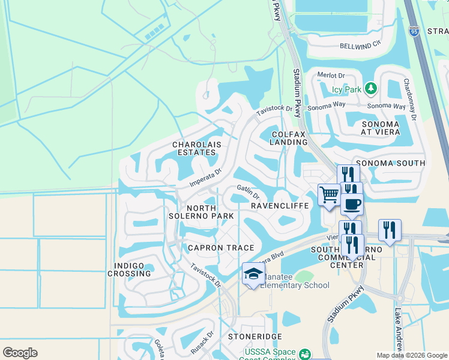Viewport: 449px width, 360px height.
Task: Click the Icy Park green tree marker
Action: [371, 89]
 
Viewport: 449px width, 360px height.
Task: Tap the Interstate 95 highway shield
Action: [414, 31]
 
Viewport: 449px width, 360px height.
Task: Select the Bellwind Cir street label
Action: [361, 45]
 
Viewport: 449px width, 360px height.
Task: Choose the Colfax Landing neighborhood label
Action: [289, 138]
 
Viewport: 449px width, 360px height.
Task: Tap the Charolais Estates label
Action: [194, 149]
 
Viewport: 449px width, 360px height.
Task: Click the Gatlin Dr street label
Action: [248, 191]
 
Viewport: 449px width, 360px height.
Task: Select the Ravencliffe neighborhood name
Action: [279, 206]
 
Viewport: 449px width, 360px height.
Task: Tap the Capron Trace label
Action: [220, 248]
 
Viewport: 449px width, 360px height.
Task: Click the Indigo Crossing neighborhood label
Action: [129, 269]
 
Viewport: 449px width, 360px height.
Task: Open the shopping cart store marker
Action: [328, 195]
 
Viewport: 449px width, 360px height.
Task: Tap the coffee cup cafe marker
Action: [352, 204]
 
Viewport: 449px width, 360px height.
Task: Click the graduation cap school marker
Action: [253, 274]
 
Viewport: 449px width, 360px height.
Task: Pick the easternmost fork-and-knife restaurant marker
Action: [390, 230]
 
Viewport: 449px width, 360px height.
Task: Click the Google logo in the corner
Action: [20, 352]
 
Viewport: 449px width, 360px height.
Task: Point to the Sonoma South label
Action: [391, 163]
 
